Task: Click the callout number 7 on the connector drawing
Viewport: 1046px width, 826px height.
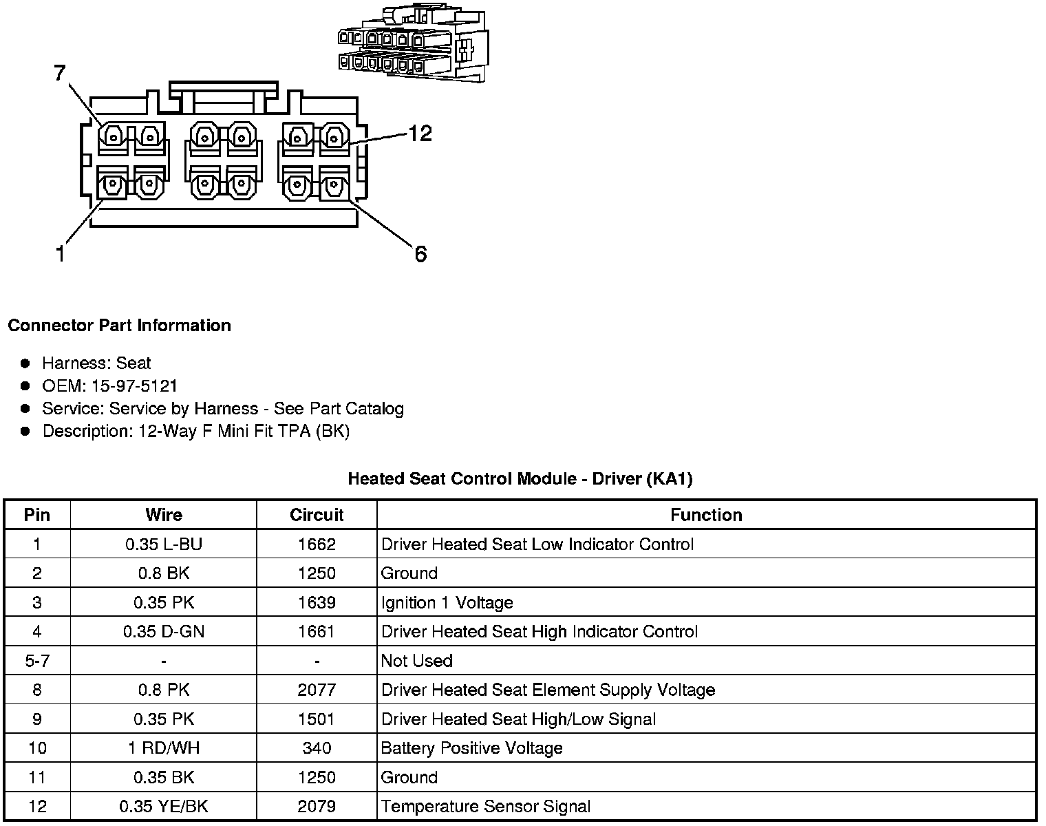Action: (60, 72)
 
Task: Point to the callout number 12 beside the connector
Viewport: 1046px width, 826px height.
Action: (420, 133)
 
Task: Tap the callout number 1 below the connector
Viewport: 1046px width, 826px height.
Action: (61, 254)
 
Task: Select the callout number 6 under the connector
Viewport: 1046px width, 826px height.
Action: (420, 254)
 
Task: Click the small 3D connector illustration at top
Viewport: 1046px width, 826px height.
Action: (411, 45)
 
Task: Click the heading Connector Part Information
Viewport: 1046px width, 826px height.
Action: (119, 326)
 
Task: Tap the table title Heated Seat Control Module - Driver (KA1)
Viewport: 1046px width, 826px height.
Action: (520, 478)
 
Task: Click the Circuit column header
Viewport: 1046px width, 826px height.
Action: (317, 515)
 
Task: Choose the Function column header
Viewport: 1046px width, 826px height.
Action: (706, 515)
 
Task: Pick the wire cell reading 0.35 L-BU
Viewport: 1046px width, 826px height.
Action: (164, 544)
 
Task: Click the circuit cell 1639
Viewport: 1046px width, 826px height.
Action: (317, 603)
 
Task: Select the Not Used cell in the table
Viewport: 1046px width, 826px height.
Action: (417, 661)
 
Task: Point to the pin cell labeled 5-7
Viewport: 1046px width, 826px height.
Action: (37, 661)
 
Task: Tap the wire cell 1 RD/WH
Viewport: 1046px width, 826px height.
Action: (164, 748)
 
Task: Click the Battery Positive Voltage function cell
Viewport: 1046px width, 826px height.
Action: (472, 748)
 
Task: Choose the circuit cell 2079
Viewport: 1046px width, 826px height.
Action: (317, 807)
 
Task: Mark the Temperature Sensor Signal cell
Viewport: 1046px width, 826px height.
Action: (486, 807)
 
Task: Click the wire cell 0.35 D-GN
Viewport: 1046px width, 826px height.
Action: (164, 632)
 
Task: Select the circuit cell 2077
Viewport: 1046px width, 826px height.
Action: (317, 690)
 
